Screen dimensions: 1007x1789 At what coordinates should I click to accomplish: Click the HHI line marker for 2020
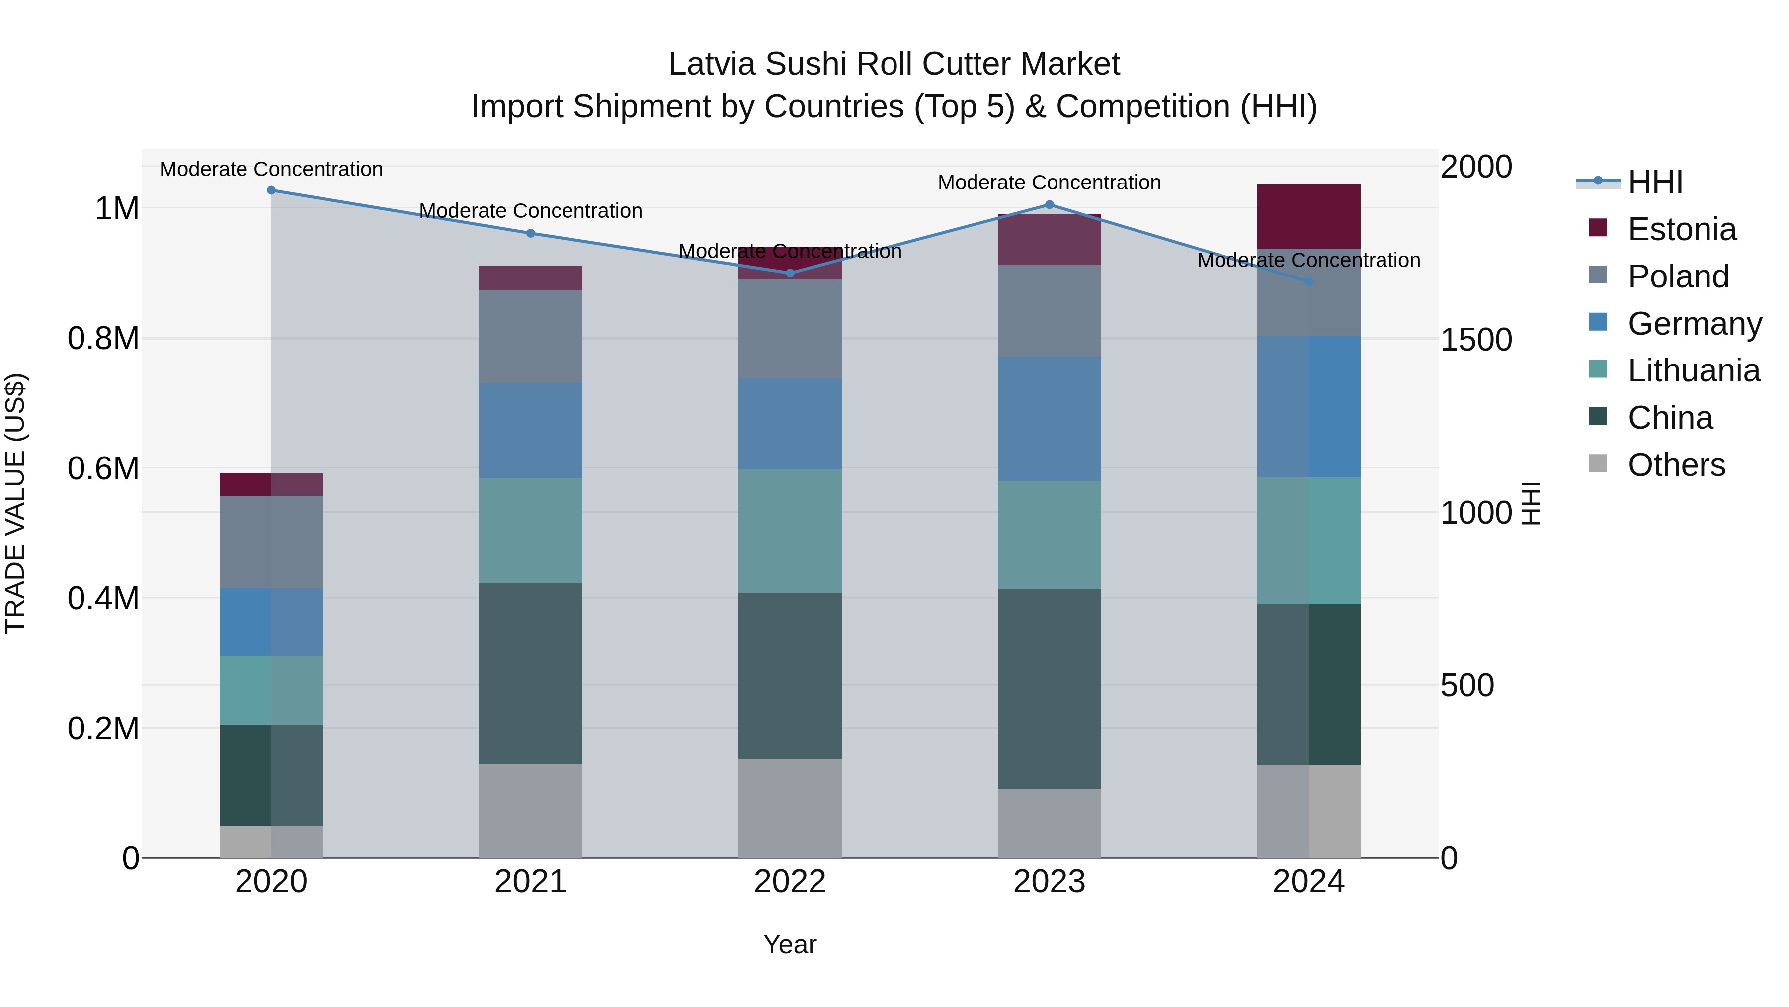271,190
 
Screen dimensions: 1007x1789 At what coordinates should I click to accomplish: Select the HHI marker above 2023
1050,205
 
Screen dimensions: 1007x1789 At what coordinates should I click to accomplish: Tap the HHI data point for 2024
1308,282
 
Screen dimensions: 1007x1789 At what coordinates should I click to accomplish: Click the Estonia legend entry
1681,229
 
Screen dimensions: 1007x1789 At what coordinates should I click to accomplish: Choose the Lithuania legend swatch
1598,369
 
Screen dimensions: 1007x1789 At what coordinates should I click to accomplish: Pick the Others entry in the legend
1676,465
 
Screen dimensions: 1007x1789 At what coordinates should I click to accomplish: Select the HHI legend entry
1655,182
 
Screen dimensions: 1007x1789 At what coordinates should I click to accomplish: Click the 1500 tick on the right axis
1476,340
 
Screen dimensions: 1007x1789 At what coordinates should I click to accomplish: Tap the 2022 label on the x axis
790,882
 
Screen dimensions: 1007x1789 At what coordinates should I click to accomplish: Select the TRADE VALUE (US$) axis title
16,503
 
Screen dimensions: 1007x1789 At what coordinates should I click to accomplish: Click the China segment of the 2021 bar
531,673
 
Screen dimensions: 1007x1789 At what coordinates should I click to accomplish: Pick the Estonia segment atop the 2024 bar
1308,216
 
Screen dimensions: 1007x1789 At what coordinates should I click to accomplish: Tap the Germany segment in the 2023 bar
1050,419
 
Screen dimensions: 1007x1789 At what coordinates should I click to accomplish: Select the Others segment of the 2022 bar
790,808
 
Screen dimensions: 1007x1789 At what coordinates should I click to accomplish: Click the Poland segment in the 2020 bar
271,542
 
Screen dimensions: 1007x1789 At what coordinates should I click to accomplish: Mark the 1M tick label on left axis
117,208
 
